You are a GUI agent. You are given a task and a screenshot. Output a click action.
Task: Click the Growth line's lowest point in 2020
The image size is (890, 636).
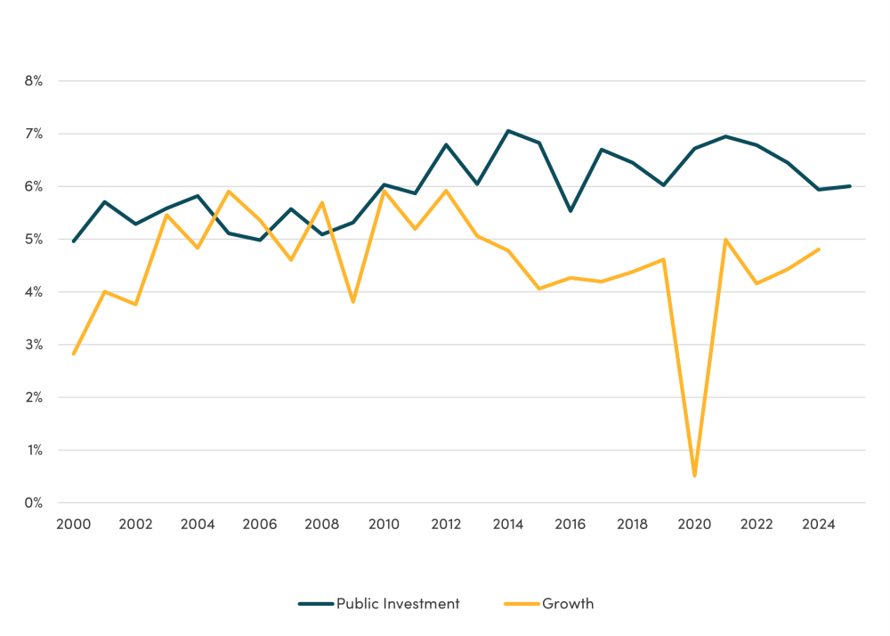click(x=694, y=476)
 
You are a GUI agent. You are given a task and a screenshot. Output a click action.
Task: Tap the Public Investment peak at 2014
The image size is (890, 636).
click(x=507, y=131)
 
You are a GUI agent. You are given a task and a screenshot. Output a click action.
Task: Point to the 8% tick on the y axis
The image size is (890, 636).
click(x=33, y=81)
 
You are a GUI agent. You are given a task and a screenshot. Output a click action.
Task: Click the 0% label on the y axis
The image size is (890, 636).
click(x=33, y=503)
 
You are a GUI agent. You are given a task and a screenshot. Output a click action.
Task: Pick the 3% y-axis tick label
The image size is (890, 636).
click(x=33, y=345)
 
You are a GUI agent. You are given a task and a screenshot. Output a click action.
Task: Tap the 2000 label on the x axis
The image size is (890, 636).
click(x=73, y=525)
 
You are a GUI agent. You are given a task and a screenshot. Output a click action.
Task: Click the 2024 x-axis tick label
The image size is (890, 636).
click(x=819, y=525)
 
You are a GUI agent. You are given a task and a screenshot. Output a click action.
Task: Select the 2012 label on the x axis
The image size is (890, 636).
click(x=446, y=525)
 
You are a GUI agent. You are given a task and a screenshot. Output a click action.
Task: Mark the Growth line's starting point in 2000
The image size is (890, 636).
click(x=73, y=354)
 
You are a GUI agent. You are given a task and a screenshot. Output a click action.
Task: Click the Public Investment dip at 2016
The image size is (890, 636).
click(x=570, y=211)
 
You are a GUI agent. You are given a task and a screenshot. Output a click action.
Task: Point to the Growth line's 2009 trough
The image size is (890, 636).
click(x=352, y=302)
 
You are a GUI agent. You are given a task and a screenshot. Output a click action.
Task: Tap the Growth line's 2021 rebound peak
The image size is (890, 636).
click(x=725, y=240)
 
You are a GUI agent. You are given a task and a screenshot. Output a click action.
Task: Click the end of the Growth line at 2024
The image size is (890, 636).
click(x=819, y=249)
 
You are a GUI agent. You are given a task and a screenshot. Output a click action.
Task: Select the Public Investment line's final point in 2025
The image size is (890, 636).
click(x=850, y=186)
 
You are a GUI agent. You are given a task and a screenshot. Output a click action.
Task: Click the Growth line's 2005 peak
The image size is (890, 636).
click(x=229, y=192)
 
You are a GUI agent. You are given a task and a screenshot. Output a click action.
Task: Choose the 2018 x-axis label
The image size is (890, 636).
click(x=632, y=525)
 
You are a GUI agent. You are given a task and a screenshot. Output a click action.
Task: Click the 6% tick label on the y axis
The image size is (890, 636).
click(x=33, y=186)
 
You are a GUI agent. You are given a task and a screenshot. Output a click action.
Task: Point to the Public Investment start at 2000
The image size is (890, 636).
click(x=73, y=241)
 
